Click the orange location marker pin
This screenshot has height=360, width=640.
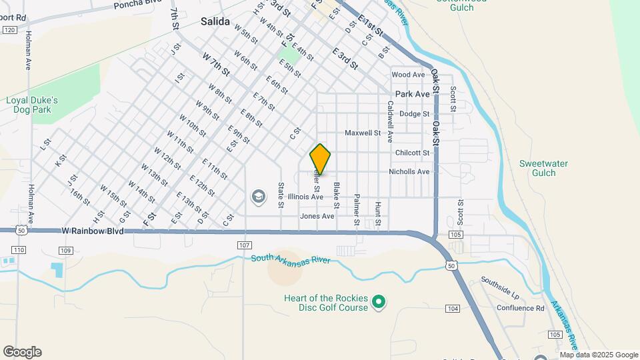pos(321,159)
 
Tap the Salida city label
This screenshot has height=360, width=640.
pos(215,22)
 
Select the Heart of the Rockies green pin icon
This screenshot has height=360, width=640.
pos(379,303)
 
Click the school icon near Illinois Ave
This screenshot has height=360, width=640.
pos(258,197)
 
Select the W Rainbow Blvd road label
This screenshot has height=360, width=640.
pos(93,231)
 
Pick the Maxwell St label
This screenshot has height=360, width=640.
pos(362,133)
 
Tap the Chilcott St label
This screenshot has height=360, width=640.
pos(412,153)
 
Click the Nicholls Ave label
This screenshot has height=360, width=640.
pos(409,172)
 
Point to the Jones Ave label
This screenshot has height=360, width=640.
pos(317,216)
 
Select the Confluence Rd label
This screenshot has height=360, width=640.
pos(521,308)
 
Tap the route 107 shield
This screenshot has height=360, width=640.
pos(243,245)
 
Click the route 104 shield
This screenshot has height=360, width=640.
pos(453,308)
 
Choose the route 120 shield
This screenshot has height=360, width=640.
pos(9,30)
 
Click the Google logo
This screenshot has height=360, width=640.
pos(22,352)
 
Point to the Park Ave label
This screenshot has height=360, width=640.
pos(412,95)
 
